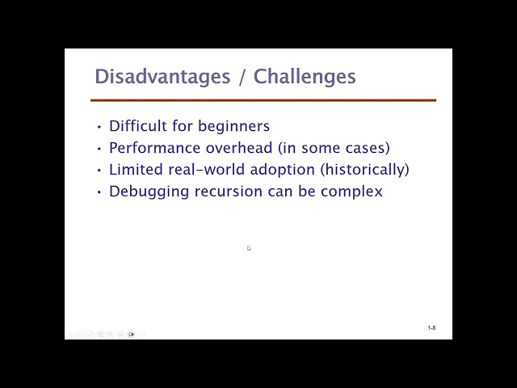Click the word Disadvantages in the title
162,78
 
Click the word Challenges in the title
305,78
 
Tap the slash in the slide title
242,78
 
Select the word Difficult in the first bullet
138,126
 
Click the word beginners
233,126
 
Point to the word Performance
154,147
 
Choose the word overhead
239,147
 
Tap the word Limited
136,169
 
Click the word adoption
282,170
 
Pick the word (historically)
364,170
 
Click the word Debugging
149,192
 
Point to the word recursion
228,192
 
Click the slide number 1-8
431,327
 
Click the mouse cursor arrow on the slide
249,248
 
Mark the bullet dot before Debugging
99,192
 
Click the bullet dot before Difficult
99,127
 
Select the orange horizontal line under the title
263,100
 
